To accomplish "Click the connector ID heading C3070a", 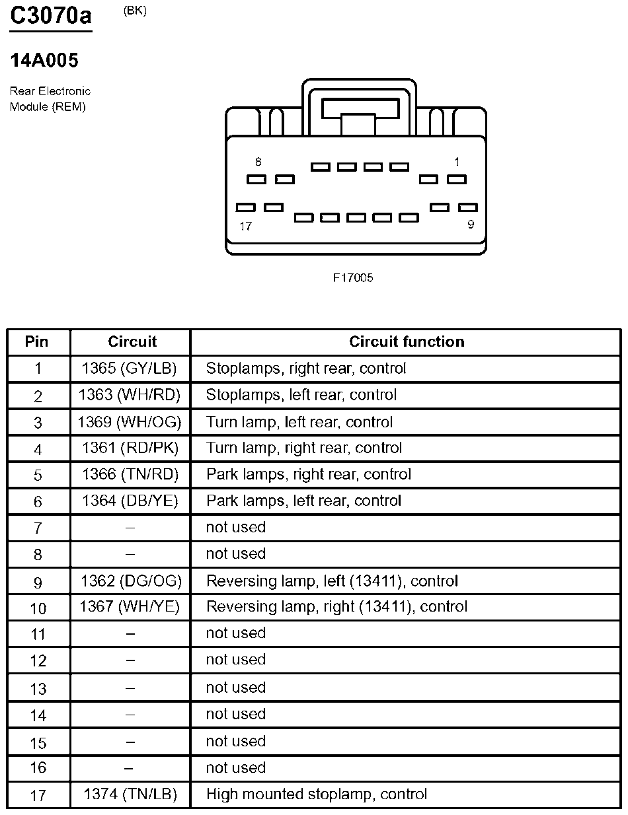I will [51, 16].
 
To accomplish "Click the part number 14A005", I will [44, 61].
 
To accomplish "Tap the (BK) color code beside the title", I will [135, 11].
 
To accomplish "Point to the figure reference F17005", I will [353, 278].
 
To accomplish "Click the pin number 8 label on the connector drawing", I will [258, 162].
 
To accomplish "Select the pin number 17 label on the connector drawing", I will [245, 227].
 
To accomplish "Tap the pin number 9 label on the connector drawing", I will [471, 225].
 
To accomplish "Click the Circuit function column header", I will [407, 342].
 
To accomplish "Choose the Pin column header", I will [37, 342].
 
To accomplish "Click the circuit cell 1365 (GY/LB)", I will [130, 369].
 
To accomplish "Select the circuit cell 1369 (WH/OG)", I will [130, 422].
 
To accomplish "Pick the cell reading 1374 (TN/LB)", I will [130, 795].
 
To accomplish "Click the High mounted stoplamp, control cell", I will [317, 795].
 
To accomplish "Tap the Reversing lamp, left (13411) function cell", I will [332, 581].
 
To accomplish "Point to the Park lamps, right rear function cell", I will [308, 475].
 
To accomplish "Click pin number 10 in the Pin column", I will [38, 608].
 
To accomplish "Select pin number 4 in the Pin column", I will [38, 449].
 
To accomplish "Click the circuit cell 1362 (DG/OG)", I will [131, 581].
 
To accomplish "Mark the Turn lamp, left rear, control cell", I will [299, 422].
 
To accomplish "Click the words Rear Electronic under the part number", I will [50, 91].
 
